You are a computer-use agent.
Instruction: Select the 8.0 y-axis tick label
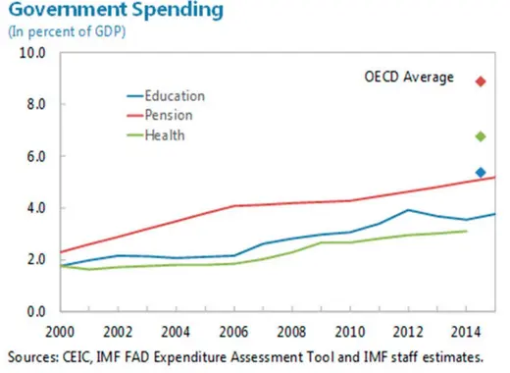pos(33,104)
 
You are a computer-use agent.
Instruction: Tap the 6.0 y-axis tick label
pos(33,156)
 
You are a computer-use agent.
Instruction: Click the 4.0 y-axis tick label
pos(33,208)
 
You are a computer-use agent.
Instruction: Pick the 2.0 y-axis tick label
pos(33,260)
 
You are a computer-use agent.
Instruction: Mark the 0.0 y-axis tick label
pos(33,311)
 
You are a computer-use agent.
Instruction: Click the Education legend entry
pos(174,96)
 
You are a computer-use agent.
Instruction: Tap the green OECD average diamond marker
pos(481,136)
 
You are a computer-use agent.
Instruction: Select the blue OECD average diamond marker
pos(481,173)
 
